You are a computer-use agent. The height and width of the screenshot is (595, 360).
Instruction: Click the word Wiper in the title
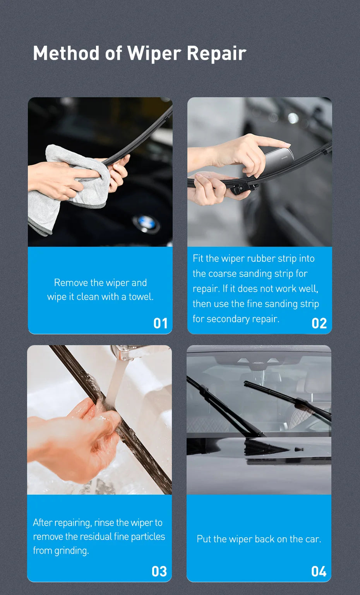tap(154, 53)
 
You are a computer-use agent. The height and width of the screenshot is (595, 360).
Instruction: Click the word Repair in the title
tap(216, 53)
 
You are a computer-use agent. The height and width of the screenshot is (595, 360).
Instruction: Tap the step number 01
tap(160, 323)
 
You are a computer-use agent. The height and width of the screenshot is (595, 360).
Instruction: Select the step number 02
tap(319, 323)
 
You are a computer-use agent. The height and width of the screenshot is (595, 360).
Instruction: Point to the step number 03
tap(159, 571)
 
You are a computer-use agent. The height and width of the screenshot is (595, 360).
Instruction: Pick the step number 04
tap(319, 571)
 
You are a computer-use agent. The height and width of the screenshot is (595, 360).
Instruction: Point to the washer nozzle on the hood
tap(299, 450)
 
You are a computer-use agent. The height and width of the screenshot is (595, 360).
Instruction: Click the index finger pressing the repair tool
tap(271, 143)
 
